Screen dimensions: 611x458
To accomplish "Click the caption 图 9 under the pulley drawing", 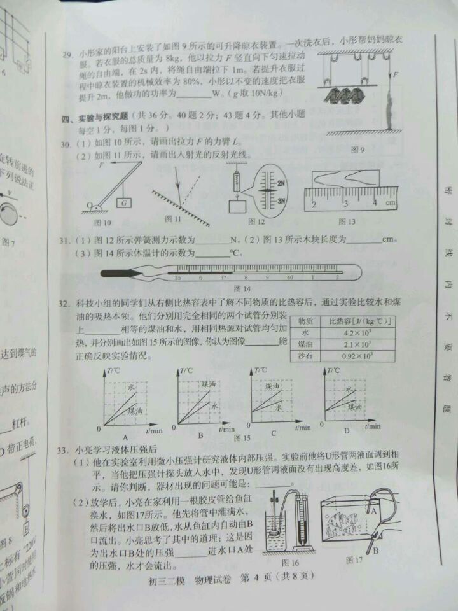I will pos(357,150).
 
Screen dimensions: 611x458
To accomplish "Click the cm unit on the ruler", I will pos(389,203).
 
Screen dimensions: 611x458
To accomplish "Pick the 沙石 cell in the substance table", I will pos(305,356).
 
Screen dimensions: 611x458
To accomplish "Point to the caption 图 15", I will pos(242,438).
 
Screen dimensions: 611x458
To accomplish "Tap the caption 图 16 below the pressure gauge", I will pos(289,562).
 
